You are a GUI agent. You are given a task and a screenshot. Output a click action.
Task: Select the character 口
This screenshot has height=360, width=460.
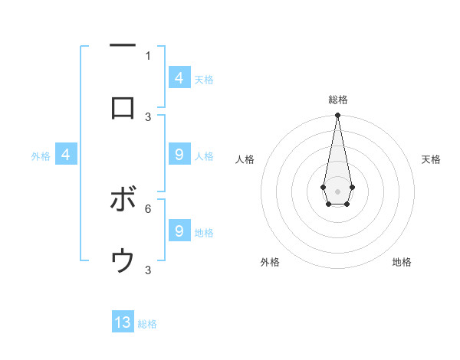pos(123,108)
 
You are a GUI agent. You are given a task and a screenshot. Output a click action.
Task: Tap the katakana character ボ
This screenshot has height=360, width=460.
pos(123,200)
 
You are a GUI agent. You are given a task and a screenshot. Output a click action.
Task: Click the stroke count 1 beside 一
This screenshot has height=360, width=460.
pos(148,55)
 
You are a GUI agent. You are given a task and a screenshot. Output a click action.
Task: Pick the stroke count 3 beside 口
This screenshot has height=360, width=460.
pos(148,116)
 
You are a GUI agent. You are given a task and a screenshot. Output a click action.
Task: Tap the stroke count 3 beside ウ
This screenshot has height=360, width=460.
pos(148,270)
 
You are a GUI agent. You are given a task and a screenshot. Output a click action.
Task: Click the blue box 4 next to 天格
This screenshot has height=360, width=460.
pos(179,77)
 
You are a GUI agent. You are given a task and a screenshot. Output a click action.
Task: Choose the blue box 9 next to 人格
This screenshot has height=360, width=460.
pos(179,155)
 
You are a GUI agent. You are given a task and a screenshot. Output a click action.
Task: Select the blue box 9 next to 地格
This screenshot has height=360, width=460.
pos(179,231)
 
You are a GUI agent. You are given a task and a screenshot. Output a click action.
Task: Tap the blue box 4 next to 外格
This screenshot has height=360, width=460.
pos(66,155)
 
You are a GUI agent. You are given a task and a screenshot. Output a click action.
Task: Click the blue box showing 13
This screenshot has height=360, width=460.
pos(123,322)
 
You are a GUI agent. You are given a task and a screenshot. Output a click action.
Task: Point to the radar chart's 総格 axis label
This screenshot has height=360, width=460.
pos(337,100)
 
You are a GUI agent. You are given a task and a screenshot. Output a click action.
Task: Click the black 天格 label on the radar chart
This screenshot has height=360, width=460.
pos(431,159)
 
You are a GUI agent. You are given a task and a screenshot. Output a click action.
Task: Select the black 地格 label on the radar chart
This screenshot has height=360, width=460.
pos(402,262)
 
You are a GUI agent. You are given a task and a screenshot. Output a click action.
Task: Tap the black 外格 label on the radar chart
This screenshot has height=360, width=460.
pos(270,262)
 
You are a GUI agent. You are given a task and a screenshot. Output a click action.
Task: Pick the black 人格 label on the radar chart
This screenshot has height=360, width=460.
pos(245,159)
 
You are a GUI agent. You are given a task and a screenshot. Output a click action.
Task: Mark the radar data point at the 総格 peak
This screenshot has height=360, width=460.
pos(337,115)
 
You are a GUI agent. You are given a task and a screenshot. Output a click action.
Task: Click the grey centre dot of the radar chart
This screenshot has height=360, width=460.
pos(337,190)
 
